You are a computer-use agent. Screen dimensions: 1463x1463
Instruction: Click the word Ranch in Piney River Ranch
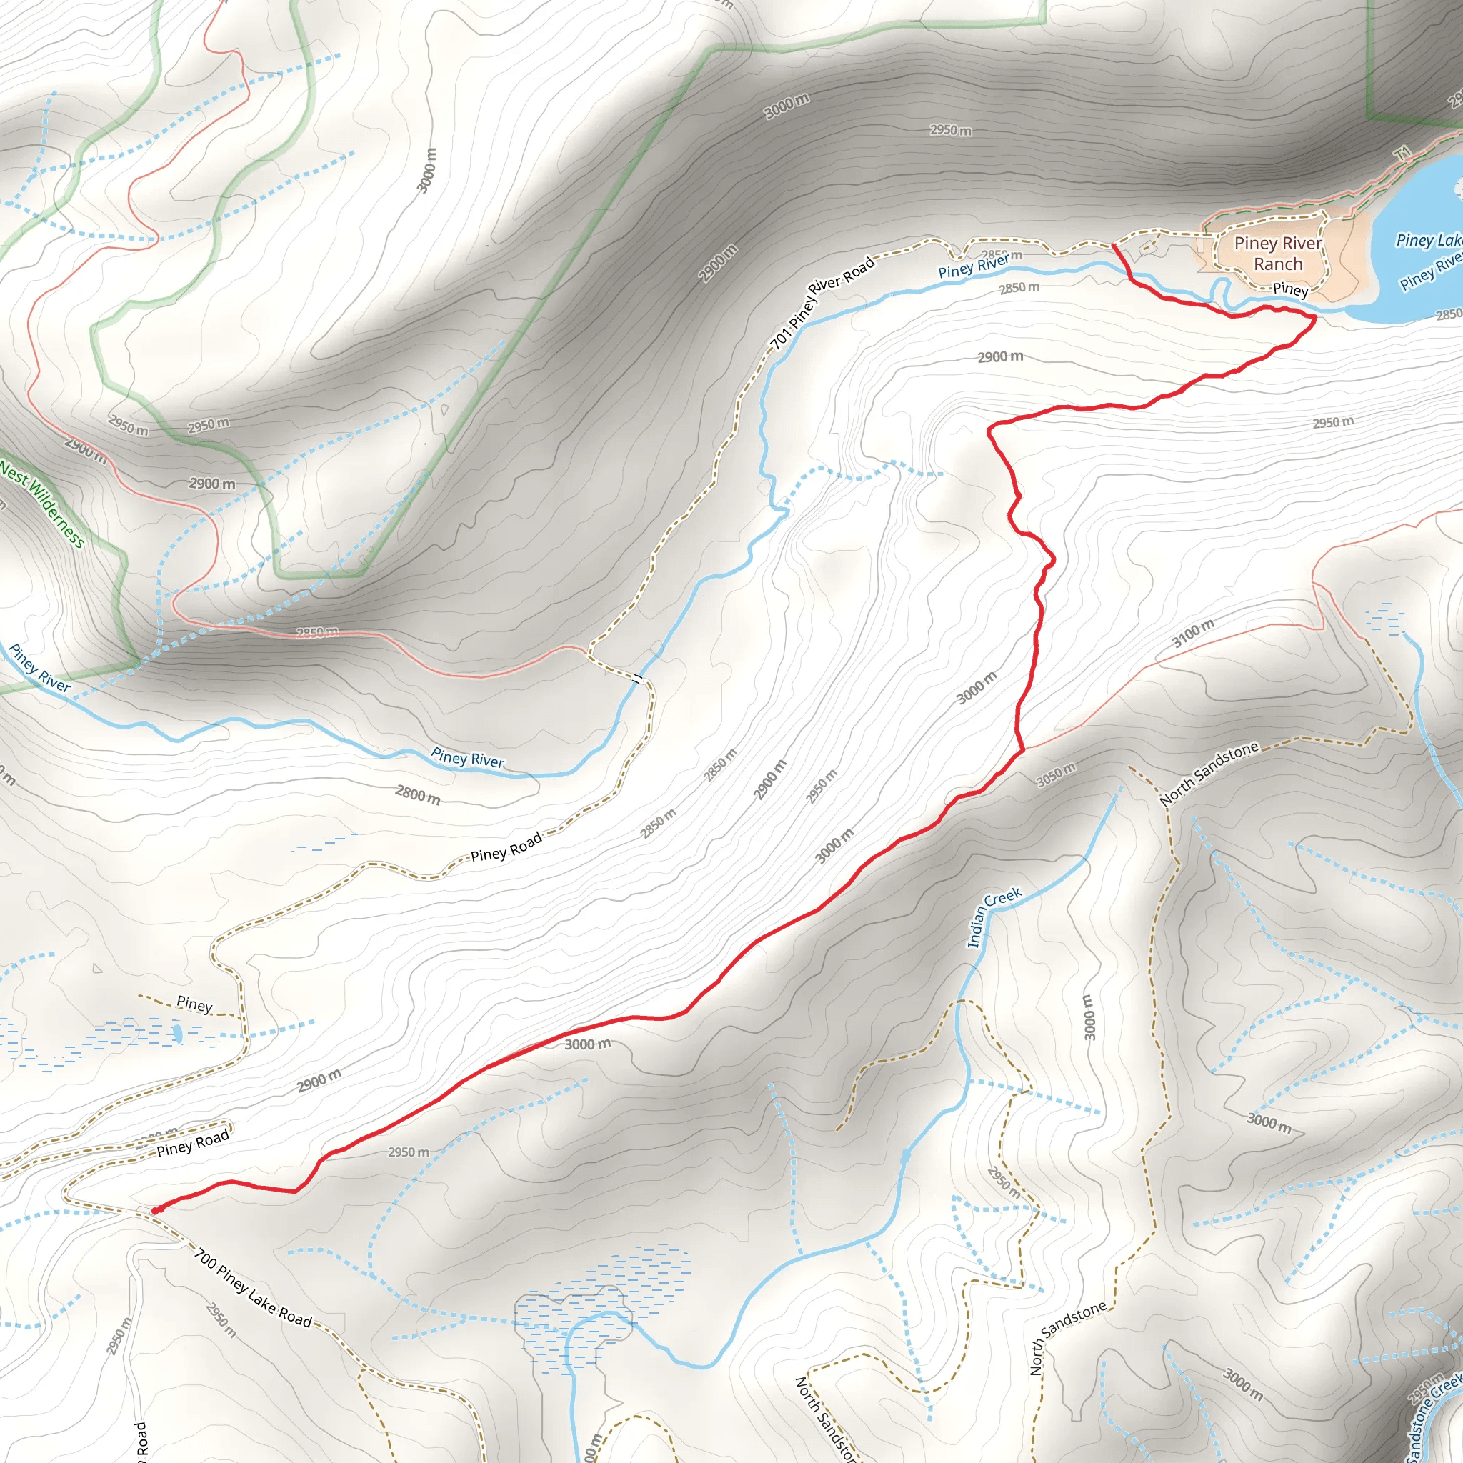tap(1278, 264)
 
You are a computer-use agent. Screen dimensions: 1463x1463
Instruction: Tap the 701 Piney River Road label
tap(822, 302)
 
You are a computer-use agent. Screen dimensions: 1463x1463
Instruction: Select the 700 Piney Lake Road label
tap(253, 1288)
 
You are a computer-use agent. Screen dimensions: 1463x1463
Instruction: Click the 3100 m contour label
tap(1194, 633)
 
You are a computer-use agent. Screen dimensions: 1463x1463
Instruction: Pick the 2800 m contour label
tap(417, 794)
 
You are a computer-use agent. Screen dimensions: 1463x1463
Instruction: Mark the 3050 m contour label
tap(1057, 774)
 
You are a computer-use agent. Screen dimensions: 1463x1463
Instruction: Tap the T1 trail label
tap(1404, 154)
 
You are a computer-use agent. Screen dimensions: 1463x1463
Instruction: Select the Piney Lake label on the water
tap(1427, 240)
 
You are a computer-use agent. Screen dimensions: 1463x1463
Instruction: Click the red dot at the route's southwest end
tap(156, 1210)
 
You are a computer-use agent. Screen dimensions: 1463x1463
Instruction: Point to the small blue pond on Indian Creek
tap(906, 1156)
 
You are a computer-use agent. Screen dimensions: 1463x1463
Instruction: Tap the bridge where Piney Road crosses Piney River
tap(640, 679)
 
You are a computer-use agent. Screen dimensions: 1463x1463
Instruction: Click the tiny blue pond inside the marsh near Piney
tap(176, 1033)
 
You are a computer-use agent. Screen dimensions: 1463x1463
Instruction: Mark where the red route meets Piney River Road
tap(1114, 245)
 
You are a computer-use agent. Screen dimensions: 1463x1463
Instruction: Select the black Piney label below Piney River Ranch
tap(1289, 289)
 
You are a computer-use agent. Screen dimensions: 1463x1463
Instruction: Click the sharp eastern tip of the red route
tap(1314, 319)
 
